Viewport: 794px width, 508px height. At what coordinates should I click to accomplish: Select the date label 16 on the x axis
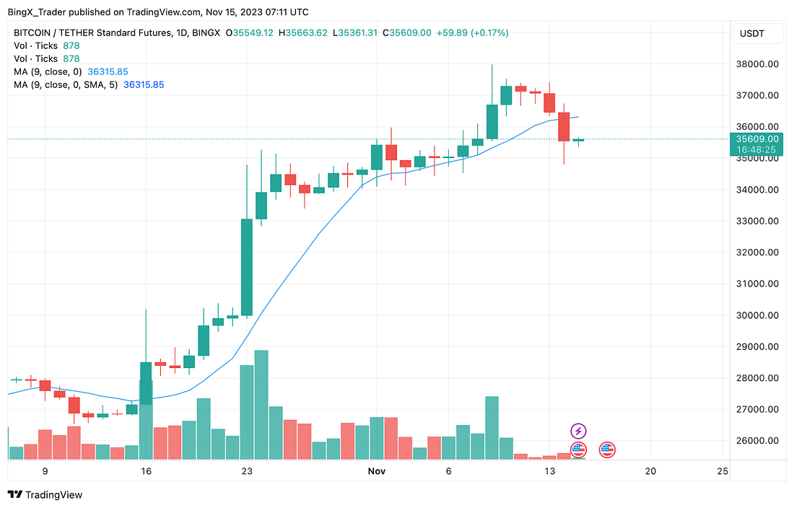point(146,471)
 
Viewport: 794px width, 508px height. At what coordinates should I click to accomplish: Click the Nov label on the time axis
point(377,471)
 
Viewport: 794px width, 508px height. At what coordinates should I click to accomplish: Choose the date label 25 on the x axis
point(722,471)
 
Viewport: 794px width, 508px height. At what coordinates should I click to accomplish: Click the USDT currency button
point(752,33)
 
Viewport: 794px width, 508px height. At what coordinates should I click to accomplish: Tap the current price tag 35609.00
point(756,139)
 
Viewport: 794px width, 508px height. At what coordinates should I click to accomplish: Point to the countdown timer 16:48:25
point(756,149)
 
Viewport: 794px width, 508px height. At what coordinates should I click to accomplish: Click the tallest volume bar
point(261,404)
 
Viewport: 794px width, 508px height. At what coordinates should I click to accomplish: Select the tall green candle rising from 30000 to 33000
point(247,267)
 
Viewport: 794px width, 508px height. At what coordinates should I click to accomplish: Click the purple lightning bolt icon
point(578,432)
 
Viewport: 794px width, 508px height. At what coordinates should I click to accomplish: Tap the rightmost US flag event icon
point(607,450)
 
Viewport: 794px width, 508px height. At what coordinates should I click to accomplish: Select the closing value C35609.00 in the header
point(407,32)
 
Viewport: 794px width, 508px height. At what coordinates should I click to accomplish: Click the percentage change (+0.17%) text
point(487,32)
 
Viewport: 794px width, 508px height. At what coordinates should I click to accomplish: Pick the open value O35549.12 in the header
point(250,32)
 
